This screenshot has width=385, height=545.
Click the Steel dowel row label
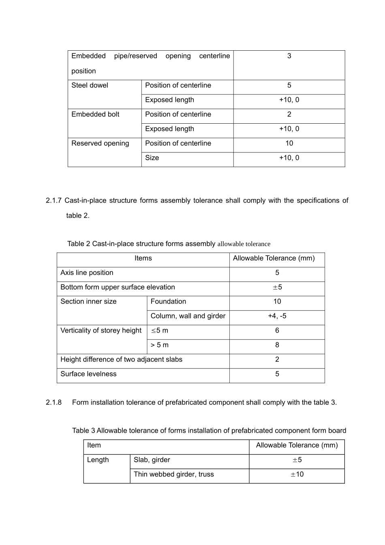90,86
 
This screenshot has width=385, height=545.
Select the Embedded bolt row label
95,115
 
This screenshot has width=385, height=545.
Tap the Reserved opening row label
100,144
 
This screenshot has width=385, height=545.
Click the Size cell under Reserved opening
152,158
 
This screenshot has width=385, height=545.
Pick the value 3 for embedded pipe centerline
289,56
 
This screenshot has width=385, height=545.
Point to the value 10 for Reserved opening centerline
289,144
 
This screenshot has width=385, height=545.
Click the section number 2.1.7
53,201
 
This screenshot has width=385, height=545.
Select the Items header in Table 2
143,258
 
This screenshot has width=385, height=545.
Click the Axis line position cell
87,273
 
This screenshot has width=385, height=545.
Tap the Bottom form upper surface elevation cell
118,288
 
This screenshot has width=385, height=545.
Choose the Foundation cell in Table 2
168,302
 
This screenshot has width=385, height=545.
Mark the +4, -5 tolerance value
277,316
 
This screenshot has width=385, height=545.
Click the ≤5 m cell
159,331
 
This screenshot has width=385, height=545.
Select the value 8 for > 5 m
277,345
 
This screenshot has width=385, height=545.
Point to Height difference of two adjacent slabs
121,360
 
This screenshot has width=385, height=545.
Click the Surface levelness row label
88,374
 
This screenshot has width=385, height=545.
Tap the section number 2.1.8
53,403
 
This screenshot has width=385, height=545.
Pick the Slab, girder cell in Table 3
152,460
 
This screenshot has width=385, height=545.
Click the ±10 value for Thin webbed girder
297,474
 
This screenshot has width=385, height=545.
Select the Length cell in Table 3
98,460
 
